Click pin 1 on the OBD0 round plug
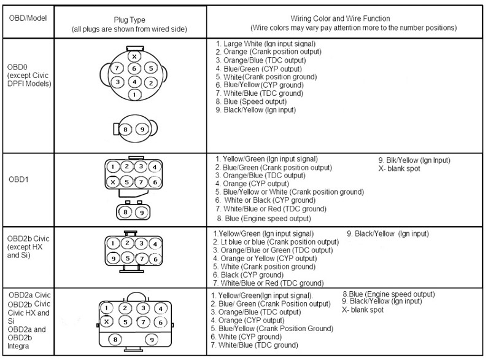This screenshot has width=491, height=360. pyautogui.click(x=133, y=95)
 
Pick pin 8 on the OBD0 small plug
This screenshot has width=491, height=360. pyautogui.click(x=126, y=129)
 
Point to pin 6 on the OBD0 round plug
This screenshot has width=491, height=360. pyautogui.click(x=134, y=69)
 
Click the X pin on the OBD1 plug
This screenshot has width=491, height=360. pyautogui.click(x=113, y=181)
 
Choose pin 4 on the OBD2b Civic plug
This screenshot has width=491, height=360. pyautogui.click(x=156, y=245)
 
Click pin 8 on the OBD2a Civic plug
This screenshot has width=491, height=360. pyautogui.click(x=114, y=338)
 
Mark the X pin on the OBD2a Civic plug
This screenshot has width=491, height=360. pyautogui.click(x=107, y=322)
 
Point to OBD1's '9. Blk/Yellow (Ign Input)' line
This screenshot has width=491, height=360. pyautogui.click(x=414, y=160)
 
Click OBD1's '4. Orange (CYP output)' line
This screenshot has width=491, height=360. pyautogui.click(x=252, y=184)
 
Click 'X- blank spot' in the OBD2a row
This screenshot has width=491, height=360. pyautogui.click(x=363, y=311)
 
